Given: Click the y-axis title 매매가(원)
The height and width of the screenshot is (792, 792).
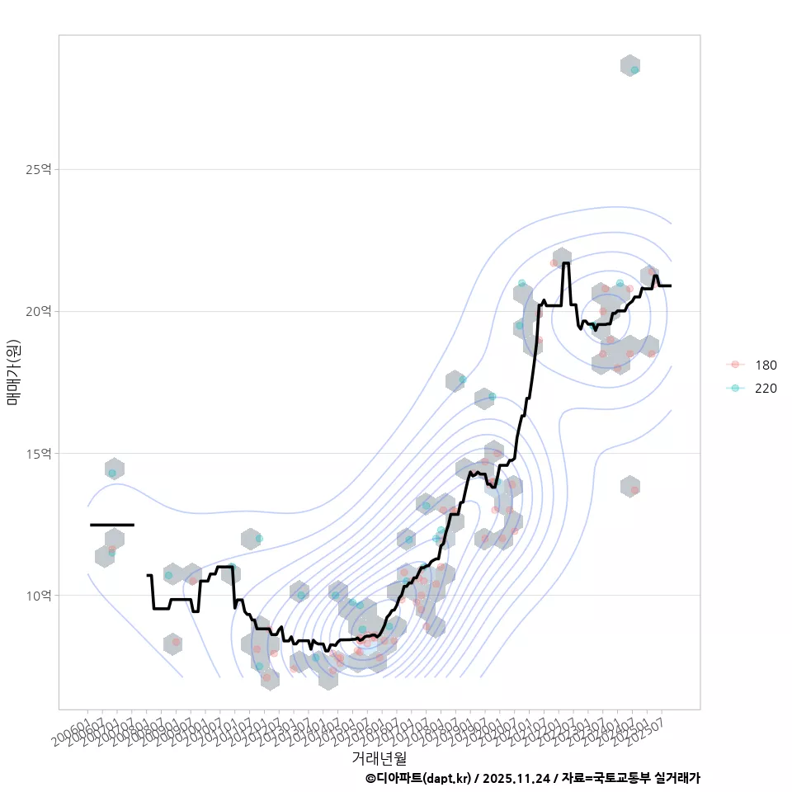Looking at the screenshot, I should [13, 372].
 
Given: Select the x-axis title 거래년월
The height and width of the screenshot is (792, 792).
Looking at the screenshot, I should [379, 757].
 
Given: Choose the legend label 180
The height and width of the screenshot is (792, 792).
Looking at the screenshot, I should [766, 365].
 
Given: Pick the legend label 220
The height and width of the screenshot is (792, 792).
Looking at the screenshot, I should [766, 388].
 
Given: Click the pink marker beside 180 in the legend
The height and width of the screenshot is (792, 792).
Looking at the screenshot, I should [733, 365].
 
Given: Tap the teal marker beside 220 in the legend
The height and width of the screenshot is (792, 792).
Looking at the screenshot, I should [733, 388].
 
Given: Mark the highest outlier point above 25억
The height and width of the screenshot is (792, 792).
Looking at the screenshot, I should [634, 70].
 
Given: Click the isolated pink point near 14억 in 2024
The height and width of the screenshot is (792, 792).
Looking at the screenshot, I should [634, 490].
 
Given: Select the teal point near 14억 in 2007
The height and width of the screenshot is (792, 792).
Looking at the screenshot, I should [112, 473].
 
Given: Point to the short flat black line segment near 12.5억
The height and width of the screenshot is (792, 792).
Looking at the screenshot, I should [111, 525].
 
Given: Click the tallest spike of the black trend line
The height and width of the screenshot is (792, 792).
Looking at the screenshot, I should [566, 264].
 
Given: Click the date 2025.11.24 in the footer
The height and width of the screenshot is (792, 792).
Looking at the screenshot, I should [516, 778].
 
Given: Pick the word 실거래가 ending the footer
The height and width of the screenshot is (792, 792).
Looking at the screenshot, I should [676, 778].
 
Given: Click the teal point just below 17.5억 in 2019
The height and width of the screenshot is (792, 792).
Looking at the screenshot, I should [462, 379].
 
